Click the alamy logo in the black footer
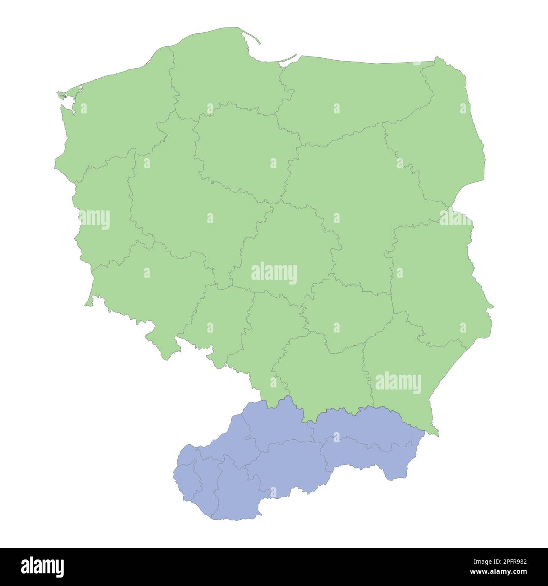(x=43, y=567)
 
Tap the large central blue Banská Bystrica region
(x=287, y=464)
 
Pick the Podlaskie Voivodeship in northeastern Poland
(x=447, y=139)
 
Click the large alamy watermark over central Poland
(x=274, y=274)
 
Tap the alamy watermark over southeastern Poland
(x=398, y=384)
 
